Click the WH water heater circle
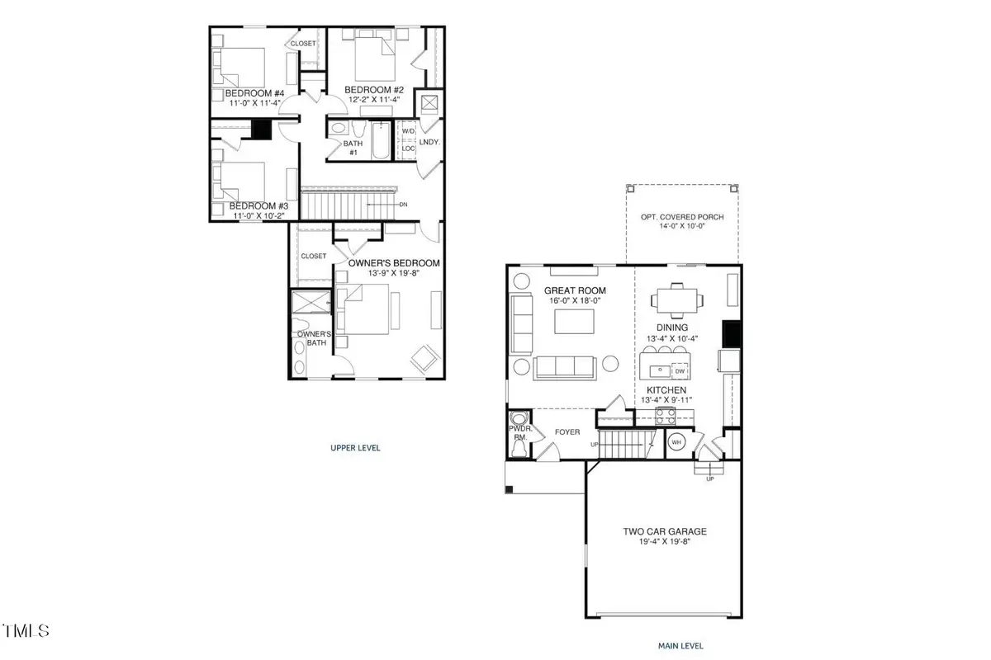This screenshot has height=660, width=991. pos(676,442)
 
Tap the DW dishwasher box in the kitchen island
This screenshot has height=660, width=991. pos(680,371)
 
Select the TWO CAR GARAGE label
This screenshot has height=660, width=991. pos(665,532)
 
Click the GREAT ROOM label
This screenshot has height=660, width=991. pos(575,290)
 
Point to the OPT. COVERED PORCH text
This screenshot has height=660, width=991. pos(682,218)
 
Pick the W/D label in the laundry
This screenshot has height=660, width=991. pos(408,132)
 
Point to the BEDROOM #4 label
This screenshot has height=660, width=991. pos(254,93)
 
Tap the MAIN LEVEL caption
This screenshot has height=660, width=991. pos(680,646)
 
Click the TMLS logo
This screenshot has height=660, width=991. pos(26,631)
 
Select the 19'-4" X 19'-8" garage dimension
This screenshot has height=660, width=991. pos(665,543)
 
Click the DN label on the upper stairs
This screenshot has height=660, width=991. pos(402,205)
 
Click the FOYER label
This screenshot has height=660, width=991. pos(567,431)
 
